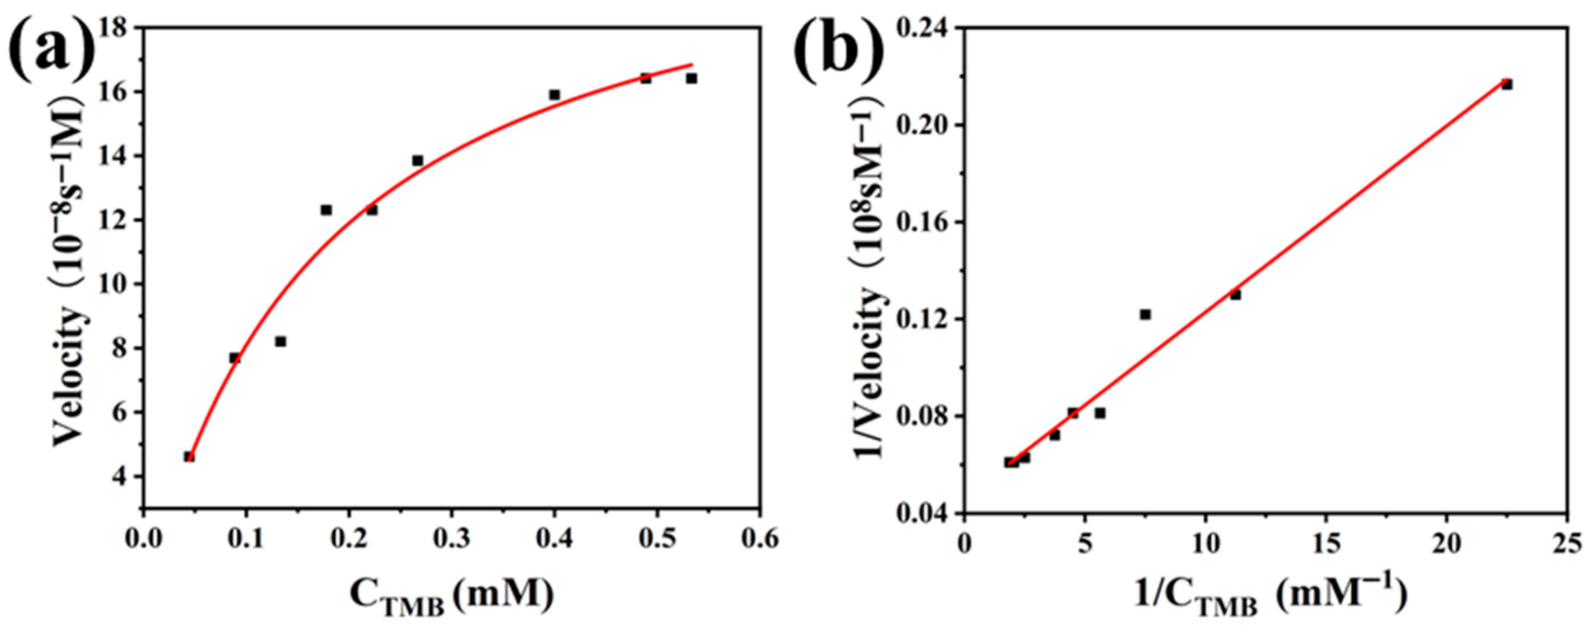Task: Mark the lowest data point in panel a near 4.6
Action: [x=189, y=457]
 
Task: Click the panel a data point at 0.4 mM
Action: [x=555, y=94]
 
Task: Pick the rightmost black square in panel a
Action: [x=691, y=78]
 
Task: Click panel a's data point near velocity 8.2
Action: [x=280, y=341]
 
